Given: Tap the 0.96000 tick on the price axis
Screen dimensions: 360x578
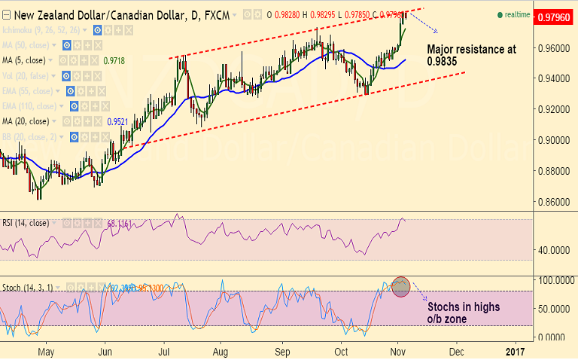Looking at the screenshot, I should tap(553, 47).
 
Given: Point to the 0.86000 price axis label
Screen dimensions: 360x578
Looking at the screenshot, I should tap(553, 202).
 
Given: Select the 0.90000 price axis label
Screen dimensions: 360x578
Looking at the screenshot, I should tap(553, 140).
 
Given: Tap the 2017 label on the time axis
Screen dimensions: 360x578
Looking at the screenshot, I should tap(515, 352).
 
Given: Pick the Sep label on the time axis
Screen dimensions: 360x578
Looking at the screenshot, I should tap(281, 352).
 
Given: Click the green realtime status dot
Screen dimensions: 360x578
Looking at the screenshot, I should tap(500, 15).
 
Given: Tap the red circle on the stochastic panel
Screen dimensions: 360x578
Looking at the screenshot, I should tap(400, 286).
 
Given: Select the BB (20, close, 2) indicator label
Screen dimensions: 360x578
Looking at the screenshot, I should tap(35, 136).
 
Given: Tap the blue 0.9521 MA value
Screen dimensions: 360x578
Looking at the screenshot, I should tap(117, 121).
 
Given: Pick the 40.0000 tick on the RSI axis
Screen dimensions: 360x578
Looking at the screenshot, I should tap(553, 249).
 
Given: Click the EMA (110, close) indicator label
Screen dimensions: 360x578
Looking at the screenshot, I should tap(34, 105).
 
